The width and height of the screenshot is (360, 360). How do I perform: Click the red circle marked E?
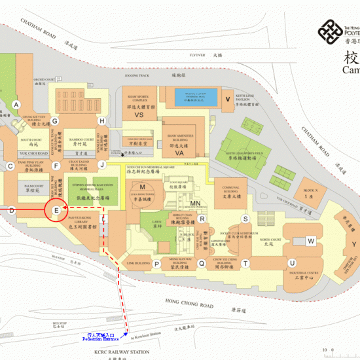point(57,210)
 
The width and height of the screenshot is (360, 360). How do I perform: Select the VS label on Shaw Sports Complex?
point(139,115)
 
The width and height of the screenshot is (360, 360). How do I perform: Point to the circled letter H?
point(102,121)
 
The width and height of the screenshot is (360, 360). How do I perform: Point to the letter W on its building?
point(311,241)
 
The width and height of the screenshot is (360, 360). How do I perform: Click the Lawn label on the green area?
point(158,227)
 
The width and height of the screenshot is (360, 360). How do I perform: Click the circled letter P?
point(157,264)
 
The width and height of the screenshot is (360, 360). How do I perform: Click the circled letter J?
point(102,165)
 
